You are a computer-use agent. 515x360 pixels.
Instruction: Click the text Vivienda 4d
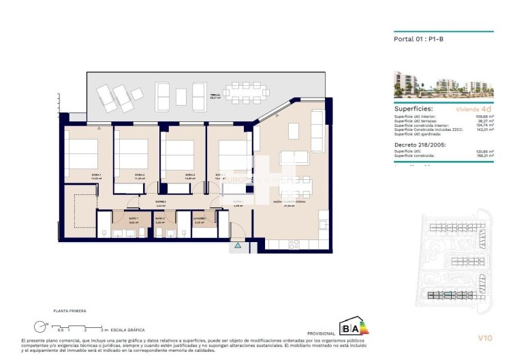point(474,108)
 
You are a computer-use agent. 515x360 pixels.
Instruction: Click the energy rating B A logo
point(352,327)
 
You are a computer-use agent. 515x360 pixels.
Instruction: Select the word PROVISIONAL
point(322,333)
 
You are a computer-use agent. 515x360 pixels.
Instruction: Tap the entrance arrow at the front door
point(238,245)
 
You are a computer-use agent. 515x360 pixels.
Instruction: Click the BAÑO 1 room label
point(134,217)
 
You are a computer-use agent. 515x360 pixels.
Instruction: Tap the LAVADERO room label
point(199,217)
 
